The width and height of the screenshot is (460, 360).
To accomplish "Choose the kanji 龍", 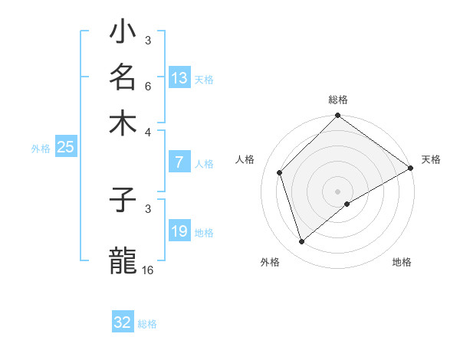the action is tap(123, 260).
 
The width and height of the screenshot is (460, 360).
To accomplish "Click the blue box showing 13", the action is tap(179, 78).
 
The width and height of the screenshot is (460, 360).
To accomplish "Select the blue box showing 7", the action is tap(179, 162).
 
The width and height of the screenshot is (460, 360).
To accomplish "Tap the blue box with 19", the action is tap(179, 231).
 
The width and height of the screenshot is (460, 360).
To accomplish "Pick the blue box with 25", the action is tap(65, 147).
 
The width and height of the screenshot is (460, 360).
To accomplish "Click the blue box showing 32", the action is tap(123, 322).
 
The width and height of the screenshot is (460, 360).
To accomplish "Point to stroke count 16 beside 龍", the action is tap(148, 270).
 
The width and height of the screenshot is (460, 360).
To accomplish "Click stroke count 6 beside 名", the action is tap(148, 86).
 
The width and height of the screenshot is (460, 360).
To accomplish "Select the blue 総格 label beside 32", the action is tap(147, 324).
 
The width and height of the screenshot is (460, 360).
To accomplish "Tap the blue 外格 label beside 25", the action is tap(41, 149).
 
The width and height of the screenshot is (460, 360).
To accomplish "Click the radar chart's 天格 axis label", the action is tap(431, 159).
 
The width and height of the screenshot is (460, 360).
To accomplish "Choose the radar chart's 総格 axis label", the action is tap(338, 100).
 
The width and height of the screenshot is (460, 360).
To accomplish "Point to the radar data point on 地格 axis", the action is tap(347, 204).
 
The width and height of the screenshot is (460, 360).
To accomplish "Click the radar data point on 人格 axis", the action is tap(280, 172).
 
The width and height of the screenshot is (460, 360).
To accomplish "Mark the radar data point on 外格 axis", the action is tap(302, 242).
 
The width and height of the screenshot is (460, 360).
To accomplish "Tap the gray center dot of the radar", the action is tap(338, 191).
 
